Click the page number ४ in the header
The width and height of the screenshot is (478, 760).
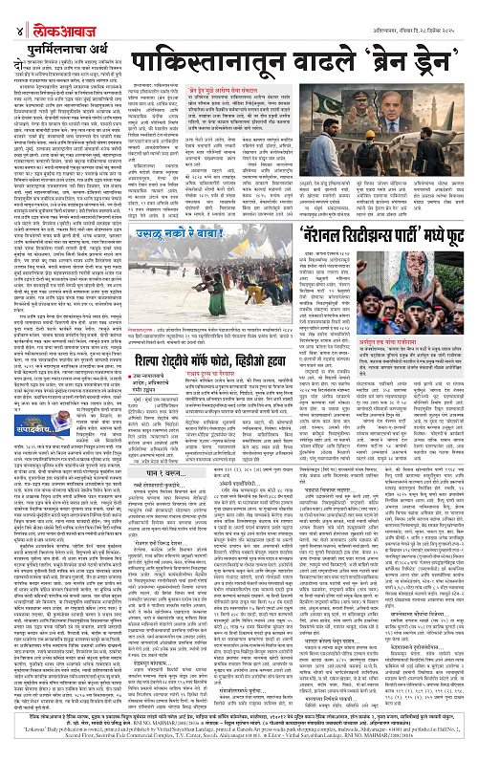(x=8, y=10)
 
